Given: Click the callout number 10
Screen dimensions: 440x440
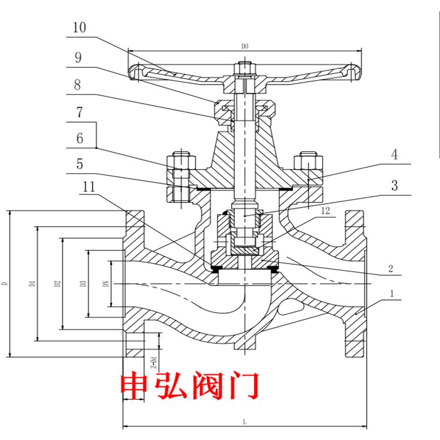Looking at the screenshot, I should coord(80,27).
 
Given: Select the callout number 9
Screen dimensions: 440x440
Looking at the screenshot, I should coord(78,58).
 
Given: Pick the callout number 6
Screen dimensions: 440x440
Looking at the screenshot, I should coord(80,138).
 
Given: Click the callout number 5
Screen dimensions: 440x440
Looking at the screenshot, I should coord(80,164).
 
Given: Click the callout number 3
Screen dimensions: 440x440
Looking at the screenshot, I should coord(394,185).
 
